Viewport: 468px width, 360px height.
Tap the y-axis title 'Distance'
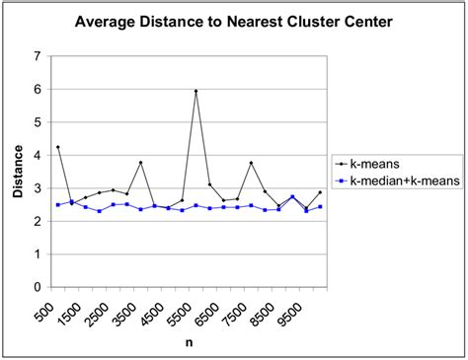(x=18, y=172)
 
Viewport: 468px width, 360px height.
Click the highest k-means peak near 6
(x=195, y=92)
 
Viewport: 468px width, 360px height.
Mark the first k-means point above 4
(x=58, y=147)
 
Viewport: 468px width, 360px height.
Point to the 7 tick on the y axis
(x=37, y=56)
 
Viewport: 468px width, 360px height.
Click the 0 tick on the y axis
(x=37, y=287)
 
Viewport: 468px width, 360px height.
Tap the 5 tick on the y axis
(x=37, y=122)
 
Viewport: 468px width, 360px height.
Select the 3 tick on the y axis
(x=37, y=188)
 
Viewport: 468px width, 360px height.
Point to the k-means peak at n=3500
(x=141, y=163)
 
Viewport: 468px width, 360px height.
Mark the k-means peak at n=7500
(x=251, y=163)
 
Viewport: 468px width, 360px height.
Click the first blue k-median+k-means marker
(x=58, y=204)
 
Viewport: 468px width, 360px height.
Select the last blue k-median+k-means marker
(x=320, y=207)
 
